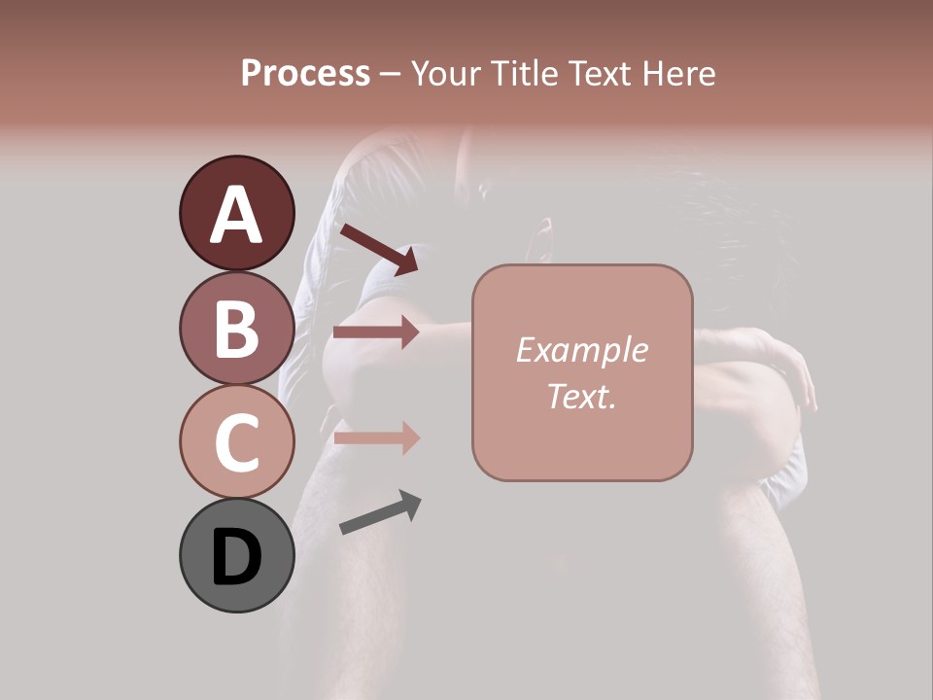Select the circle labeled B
(236, 328)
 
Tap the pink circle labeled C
(236, 441)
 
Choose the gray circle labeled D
(236, 555)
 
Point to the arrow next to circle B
(376, 332)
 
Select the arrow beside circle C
(376, 438)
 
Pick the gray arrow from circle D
(380, 513)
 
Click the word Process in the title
(305, 73)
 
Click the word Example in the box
(582, 350)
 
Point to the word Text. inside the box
(582, 397)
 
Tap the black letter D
(236, 557)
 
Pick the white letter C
(236, 443)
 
